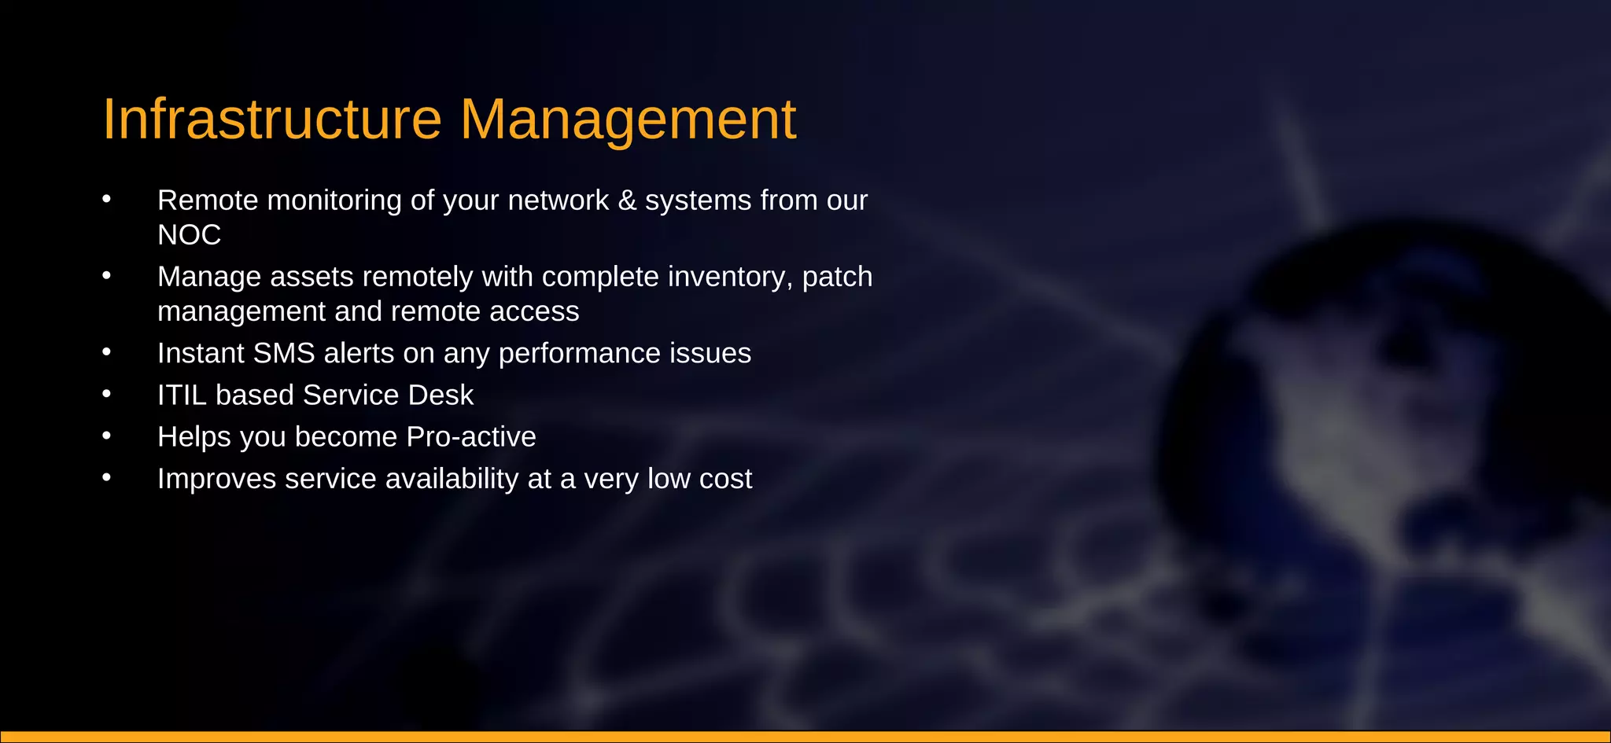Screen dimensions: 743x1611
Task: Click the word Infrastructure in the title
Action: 272,120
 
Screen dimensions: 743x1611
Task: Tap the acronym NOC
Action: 189,235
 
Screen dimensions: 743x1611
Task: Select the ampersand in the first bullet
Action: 627,200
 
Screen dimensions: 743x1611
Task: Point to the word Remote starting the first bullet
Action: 208,200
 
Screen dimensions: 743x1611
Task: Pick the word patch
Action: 837,277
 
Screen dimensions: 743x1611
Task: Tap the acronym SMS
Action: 284,353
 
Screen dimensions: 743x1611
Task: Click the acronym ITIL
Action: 182,395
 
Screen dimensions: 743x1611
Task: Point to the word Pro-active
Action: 470,436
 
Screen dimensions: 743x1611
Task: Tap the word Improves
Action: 216,479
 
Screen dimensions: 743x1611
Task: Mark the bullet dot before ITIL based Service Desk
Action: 106,393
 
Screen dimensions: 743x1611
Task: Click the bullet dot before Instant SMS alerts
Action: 106,351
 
